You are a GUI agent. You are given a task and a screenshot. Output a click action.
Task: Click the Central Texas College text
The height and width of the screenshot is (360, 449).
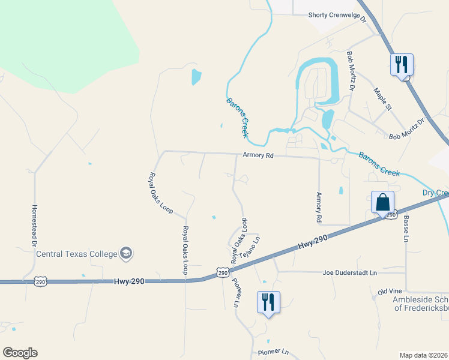coord(76,254)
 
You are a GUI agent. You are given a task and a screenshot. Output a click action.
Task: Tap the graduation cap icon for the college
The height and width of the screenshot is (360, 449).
coord(126,254)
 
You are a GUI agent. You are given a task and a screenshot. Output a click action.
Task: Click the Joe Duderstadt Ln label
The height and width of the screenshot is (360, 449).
coord(349,272)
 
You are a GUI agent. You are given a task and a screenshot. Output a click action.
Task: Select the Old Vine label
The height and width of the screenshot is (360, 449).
coord(390,292)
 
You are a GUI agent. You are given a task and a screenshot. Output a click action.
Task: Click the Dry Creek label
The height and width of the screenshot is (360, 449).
coord(435,193)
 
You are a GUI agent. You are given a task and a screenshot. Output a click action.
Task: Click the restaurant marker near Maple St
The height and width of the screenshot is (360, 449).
coord(402,64)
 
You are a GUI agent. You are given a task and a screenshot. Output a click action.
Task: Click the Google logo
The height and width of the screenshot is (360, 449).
coord(20,353)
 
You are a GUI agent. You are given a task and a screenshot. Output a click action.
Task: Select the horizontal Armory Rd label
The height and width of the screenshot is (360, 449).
coord(258,155)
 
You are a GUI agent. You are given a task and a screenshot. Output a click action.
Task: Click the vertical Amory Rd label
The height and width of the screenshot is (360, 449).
coord(319,208)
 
